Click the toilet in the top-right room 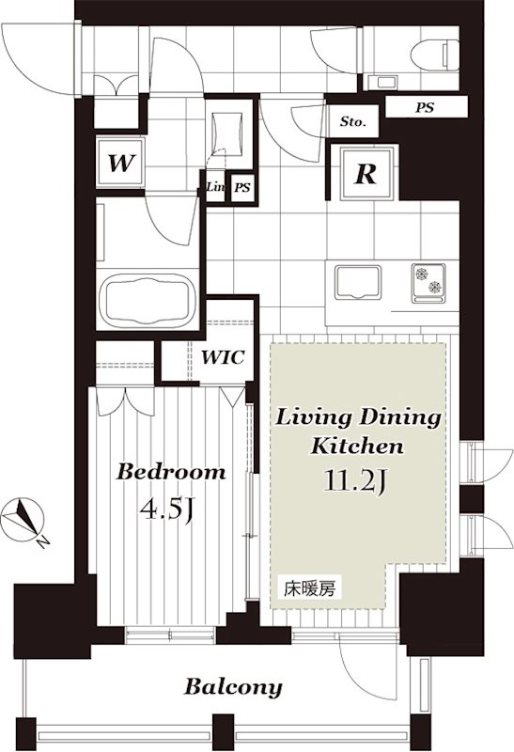point(435,55)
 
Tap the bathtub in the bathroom point(150,302)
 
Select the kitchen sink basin point(358,282)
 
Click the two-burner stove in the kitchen point(428,283)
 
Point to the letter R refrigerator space point(366,173)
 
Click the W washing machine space point(120,163)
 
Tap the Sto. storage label point(353,122)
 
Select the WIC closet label point(223,357)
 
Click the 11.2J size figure point(355,481)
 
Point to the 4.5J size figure point(166,509)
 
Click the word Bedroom point(171,472)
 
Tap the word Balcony point(233,687)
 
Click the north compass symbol point(23,521)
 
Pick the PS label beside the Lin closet point(242,187)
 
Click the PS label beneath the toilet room point(425,107)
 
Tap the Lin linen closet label point(215,186)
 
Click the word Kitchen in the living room point(357,446)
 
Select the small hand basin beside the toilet point(382,82)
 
